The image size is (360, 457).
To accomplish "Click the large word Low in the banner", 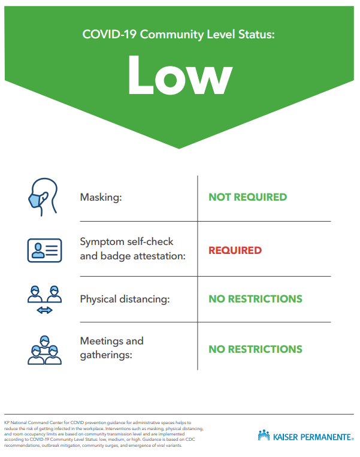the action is click(180, 75).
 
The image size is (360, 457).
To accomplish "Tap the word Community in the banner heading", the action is click(172, 35).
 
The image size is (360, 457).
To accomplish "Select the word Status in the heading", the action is click(256, 34).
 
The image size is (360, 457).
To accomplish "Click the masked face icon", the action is click(43, 197).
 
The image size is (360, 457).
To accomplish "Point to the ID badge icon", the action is click(44, 250).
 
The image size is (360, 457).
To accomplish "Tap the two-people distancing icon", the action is click(44, 299).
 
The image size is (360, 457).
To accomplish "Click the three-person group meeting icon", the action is click(44, 350).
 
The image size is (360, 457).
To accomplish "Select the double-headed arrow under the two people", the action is click(44, 310).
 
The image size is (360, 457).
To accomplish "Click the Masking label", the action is click(101, 197).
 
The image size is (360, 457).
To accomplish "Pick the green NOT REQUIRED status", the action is click(248, 197).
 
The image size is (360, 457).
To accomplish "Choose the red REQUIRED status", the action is click(235, 250).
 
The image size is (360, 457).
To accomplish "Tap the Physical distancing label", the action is click(125, 299).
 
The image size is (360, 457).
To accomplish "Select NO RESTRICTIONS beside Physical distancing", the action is click(255, 299).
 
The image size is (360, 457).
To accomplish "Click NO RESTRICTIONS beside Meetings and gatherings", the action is click(255, 349).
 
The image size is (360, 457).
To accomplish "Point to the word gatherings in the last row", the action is click(106, 355).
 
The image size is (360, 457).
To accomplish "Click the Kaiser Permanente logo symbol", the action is click(264, 435).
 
